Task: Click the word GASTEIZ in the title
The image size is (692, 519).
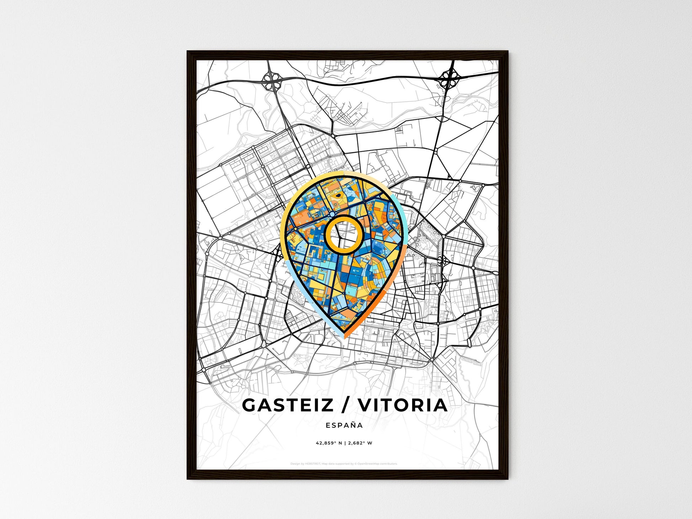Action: (x=287, y=405)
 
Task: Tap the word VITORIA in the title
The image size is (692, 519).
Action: (x=403, y=405)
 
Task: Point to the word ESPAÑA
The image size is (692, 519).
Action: (x=344, y=425)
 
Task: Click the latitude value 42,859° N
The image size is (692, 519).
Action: (x=329, y=443)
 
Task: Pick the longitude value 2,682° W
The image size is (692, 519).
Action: (x=360, y=443)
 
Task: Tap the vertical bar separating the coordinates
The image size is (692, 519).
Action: (x=345, y=443)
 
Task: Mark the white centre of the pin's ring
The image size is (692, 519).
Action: (x=344, y=234)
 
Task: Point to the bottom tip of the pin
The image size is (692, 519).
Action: (x=344, y=337)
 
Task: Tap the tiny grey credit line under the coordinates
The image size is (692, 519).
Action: (x=344, y=464)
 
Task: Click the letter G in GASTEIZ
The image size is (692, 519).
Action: (x=250, y=405)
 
